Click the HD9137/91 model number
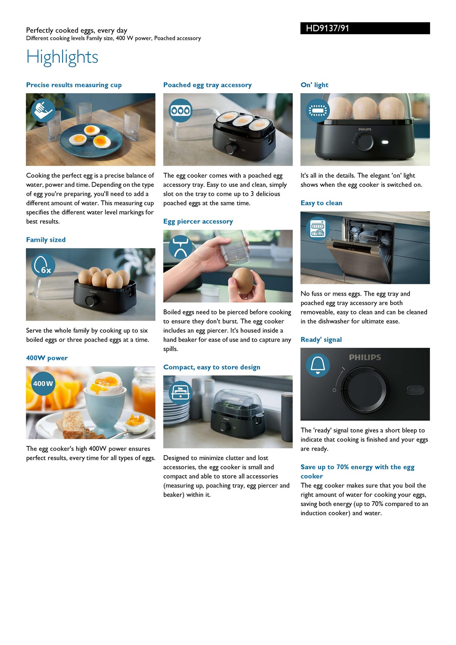point(327,28)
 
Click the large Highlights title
point(62,57)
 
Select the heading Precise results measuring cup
point(74,85)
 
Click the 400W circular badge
point(43,384)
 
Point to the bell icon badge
point(318,365)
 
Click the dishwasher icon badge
point(318,229)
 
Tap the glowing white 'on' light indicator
point(385,142)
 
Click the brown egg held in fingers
point(243,281)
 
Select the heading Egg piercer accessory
point(198,221)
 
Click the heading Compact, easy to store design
point(211,367)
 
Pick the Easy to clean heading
point(321,203)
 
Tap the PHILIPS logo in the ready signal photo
point(365,357)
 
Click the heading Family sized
point(46,240)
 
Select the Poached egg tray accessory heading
point(207,85)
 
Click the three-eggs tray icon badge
point(180,110)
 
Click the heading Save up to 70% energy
point(357,467)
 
